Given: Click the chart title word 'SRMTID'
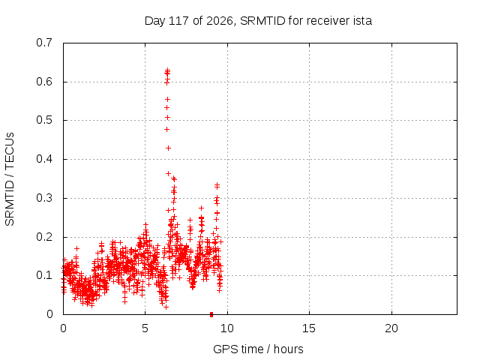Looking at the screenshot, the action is (x=262, y=21).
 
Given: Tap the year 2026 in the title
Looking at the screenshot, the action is (x=219, y=21).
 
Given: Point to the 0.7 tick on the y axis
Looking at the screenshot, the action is (x=44, y=43).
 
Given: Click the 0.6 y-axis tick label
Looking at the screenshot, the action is (x=44, y=82).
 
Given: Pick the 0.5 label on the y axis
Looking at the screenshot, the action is (x=44, y=120).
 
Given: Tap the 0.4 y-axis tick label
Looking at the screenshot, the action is (x=44, y=159).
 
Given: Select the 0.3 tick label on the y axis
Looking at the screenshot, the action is (x=44, y=198).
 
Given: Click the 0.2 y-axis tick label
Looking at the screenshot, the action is (x=44, y=237).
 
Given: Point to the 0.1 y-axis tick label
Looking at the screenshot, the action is (x=44, y=275).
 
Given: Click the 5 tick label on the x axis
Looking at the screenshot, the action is (x=145, y=328).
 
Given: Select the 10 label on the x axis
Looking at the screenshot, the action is (x=226, y=328).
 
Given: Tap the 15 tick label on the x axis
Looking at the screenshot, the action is (x=309, y=328).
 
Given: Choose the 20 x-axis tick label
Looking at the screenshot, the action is (x=391, y=328).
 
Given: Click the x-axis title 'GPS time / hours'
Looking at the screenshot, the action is (x=258, y=349).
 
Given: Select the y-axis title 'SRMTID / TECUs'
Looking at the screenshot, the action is (x=10, y=179).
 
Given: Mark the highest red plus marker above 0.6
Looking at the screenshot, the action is (x=168, y=70).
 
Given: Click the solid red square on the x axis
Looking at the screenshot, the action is (x=211, y=314).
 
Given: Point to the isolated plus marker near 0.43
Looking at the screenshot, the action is (x=168, y=148).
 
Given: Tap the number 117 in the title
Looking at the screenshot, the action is (x=179, y=21).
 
